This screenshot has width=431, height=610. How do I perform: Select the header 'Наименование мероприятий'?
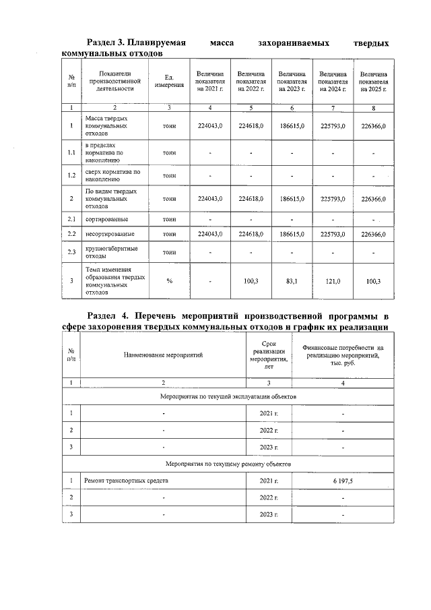162,354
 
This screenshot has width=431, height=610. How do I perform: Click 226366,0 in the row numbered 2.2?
373,234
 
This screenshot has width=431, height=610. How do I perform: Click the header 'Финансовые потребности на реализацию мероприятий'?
343,355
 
